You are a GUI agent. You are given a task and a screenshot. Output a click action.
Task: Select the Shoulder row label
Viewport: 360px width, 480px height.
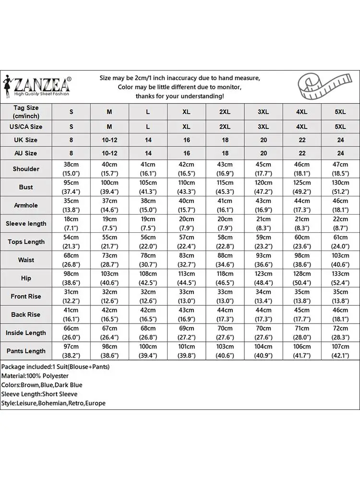[x=26, y=169]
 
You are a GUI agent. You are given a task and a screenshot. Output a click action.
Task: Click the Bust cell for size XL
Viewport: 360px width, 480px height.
[x=186, y=187]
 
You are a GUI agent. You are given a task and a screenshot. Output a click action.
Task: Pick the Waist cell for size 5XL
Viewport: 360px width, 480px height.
[x=340, y=260]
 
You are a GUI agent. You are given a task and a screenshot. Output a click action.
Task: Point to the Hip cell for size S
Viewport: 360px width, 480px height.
[x=71, y=278]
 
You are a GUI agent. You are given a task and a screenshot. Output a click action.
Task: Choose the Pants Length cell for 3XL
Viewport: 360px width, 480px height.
[x=263, y=351]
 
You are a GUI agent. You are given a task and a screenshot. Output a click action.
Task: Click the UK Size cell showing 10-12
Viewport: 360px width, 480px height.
[x=109, y=140]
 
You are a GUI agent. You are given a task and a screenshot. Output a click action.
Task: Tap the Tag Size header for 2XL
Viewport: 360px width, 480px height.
[x=225, y=112]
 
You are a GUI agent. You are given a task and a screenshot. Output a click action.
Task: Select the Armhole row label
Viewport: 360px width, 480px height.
[x=26, y=205]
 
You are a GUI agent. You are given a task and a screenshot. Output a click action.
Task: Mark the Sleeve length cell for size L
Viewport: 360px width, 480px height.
[x=148, y=224]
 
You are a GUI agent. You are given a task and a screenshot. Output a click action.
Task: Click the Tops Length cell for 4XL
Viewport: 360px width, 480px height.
[x=301, y=242]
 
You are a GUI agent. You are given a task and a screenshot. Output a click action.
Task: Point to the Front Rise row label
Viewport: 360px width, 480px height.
[x=26, y=297]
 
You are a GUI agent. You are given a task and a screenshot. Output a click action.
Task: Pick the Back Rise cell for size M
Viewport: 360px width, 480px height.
[x=109, y=314]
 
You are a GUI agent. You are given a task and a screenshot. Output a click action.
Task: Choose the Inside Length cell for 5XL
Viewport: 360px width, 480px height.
[x=340, y=333]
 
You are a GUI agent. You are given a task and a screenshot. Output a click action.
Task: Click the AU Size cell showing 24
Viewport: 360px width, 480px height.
[x=340, y=153]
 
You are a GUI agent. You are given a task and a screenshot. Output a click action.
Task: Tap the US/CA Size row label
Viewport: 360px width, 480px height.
[x=26, y=127]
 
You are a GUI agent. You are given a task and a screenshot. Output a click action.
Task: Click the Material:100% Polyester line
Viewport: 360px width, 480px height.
[x=35, y=376]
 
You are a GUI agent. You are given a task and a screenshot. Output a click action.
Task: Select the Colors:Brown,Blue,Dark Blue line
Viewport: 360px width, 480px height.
[x=42, y=385]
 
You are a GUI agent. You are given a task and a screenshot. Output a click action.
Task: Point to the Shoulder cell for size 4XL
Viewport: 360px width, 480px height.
[x=301, y=169]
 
